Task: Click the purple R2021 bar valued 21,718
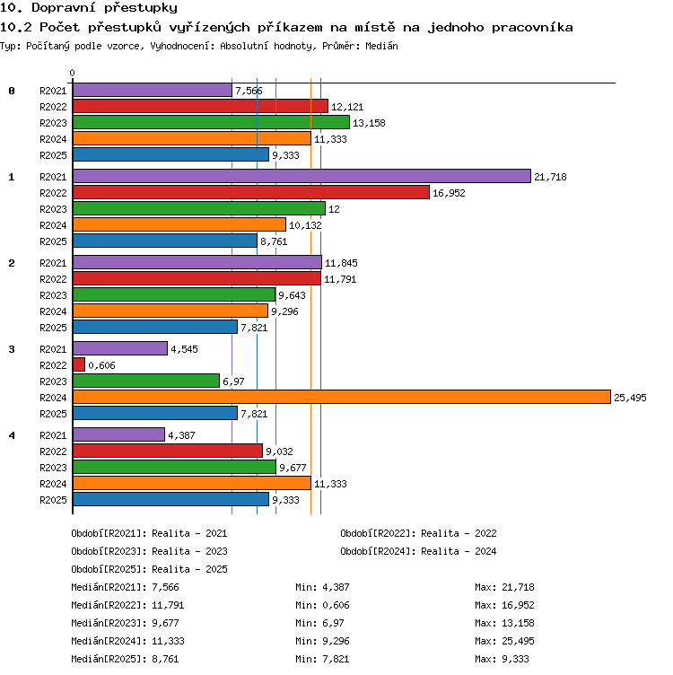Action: point(302,176)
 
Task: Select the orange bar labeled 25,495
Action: point(342,397)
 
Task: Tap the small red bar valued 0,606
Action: point(79,364)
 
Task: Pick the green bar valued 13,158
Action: point(211,122)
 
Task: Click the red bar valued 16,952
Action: point(251,192)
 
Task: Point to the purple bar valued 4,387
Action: point(118,434)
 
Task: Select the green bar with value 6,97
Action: point(146,381)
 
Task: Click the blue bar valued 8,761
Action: point(165,241)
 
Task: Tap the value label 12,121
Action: point(347,107)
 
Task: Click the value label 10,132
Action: point(305,225)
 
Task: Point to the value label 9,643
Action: point(292,295)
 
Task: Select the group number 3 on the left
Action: point(12,349)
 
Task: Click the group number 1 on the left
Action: point(12,177)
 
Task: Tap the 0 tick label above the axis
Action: point(72,73)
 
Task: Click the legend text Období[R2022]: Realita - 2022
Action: point(418,533)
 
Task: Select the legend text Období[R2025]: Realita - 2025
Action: point(149,569)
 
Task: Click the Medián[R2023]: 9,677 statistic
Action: point(125,623)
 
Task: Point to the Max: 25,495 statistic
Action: point(504,641)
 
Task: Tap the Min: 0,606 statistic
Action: point(322,605)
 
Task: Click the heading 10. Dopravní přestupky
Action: point(89,7)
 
